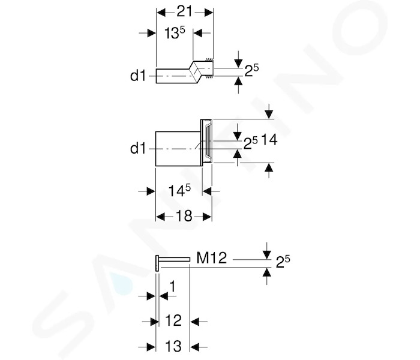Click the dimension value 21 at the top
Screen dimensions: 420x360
click(x=185, y=12)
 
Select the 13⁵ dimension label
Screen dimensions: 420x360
click(x=175, y=33)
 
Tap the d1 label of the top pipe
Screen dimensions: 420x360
click(x=138, y=76)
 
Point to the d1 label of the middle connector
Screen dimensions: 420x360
click(x=138, y=148)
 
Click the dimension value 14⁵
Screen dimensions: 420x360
click(x=179, y=191)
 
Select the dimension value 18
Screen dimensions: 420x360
click(x=184, y=216)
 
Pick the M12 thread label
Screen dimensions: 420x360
click(x=212, y=257)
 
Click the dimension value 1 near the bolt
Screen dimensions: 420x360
click(x=173, y=286)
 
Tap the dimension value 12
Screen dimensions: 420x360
click(x=173, y=320)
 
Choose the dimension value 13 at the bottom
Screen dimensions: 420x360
click(x=173, y=346)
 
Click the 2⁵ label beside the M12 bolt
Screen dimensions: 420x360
click(x=283, y=262)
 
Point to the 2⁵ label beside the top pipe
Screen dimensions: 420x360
click(x=251, y=70)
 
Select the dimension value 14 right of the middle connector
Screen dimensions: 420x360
click(x=269, y=140)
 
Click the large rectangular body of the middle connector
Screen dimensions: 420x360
click(x=178, y=149)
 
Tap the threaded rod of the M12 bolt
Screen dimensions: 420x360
click(x=175, y=259)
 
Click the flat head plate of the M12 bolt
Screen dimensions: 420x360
click(x=157, y=263)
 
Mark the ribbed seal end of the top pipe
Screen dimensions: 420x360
click(x=209, y=68)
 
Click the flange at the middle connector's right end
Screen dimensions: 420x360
click(x=206, y=141)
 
